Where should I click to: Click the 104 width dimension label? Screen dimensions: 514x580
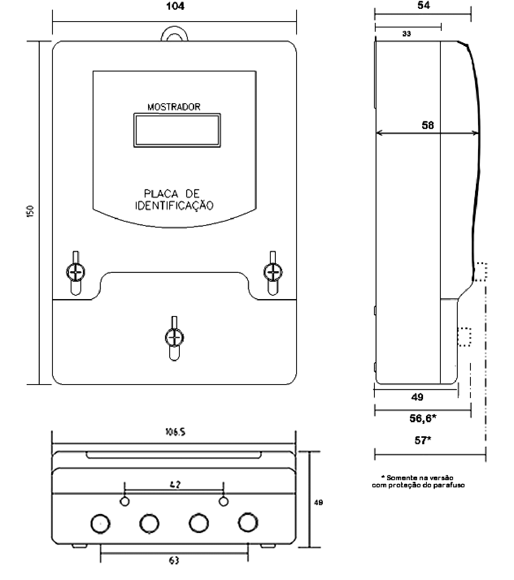[175, 6]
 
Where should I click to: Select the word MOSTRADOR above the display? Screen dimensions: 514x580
[174, 107]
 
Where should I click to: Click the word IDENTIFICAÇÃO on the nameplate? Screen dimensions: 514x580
[174, 206]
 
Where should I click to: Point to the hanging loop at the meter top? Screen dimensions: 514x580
[174, 29]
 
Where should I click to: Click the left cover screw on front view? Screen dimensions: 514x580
[76, 272]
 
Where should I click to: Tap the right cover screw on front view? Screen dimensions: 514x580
[273, 272]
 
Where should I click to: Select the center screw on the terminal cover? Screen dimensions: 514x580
[174, 338]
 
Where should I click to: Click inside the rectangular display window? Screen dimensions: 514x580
[177, 130]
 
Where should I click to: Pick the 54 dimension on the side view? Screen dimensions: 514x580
[423, 5]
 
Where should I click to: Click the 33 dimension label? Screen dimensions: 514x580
[407, 33]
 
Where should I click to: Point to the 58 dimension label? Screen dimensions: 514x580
[428, 125]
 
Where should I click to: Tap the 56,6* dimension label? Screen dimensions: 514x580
[423, 418]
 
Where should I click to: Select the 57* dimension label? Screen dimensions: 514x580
[423, 440]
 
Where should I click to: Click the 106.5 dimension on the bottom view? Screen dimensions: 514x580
[175, 432]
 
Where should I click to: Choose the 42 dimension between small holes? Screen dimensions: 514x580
[175, 485]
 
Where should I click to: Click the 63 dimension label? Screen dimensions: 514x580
[174, 560]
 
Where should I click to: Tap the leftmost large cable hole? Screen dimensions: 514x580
[100, 524]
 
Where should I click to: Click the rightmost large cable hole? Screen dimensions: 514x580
[248, 522]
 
